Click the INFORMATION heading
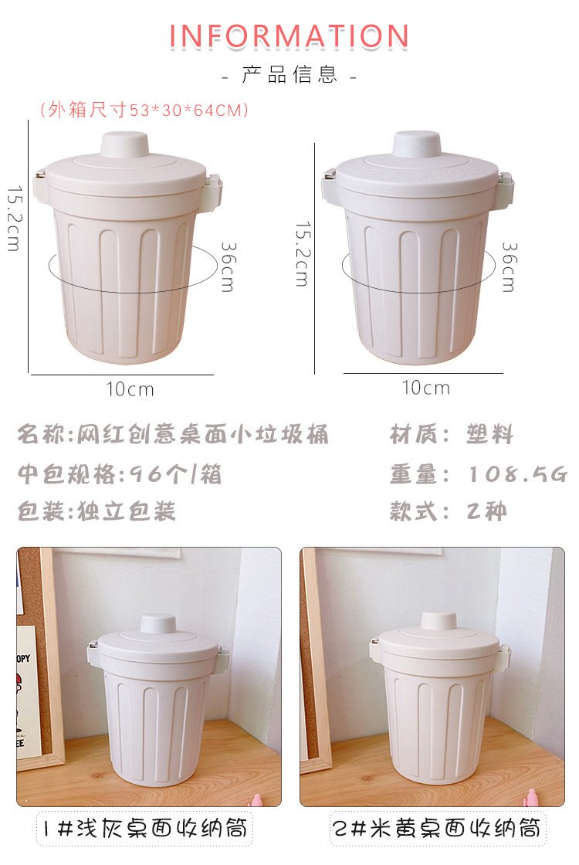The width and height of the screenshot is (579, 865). click(x=289, y=36)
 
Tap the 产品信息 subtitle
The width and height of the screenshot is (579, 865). click(x=289, y=74)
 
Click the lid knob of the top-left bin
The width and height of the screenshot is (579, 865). click(x=124, y=144)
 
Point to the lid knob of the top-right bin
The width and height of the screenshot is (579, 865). click(x=417, y=144)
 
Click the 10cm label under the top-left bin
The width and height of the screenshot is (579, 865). click(x=130, y=389)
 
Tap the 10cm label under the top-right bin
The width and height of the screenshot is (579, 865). click(x=425, y=388)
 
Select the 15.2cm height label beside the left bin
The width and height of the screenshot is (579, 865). click(x=14, y=219)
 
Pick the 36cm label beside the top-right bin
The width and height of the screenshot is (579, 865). click(x=509, y=267)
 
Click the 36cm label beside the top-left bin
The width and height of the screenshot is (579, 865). click(x=227, y=267)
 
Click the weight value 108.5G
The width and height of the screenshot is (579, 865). click(x=517, y=474)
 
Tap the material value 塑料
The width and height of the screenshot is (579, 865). click(x=489, y=434)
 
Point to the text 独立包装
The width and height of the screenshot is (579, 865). click(x=127, y=511)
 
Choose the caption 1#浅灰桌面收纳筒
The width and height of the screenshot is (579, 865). click(x=145, y=828)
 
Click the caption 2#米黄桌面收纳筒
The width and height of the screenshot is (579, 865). click(x=438, y=828)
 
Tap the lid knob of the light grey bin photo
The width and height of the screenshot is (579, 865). click(x=157, y=624)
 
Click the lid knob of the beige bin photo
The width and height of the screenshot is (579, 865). click(x=438, y=621)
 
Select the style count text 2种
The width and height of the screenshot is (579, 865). click(x=486, y=511)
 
